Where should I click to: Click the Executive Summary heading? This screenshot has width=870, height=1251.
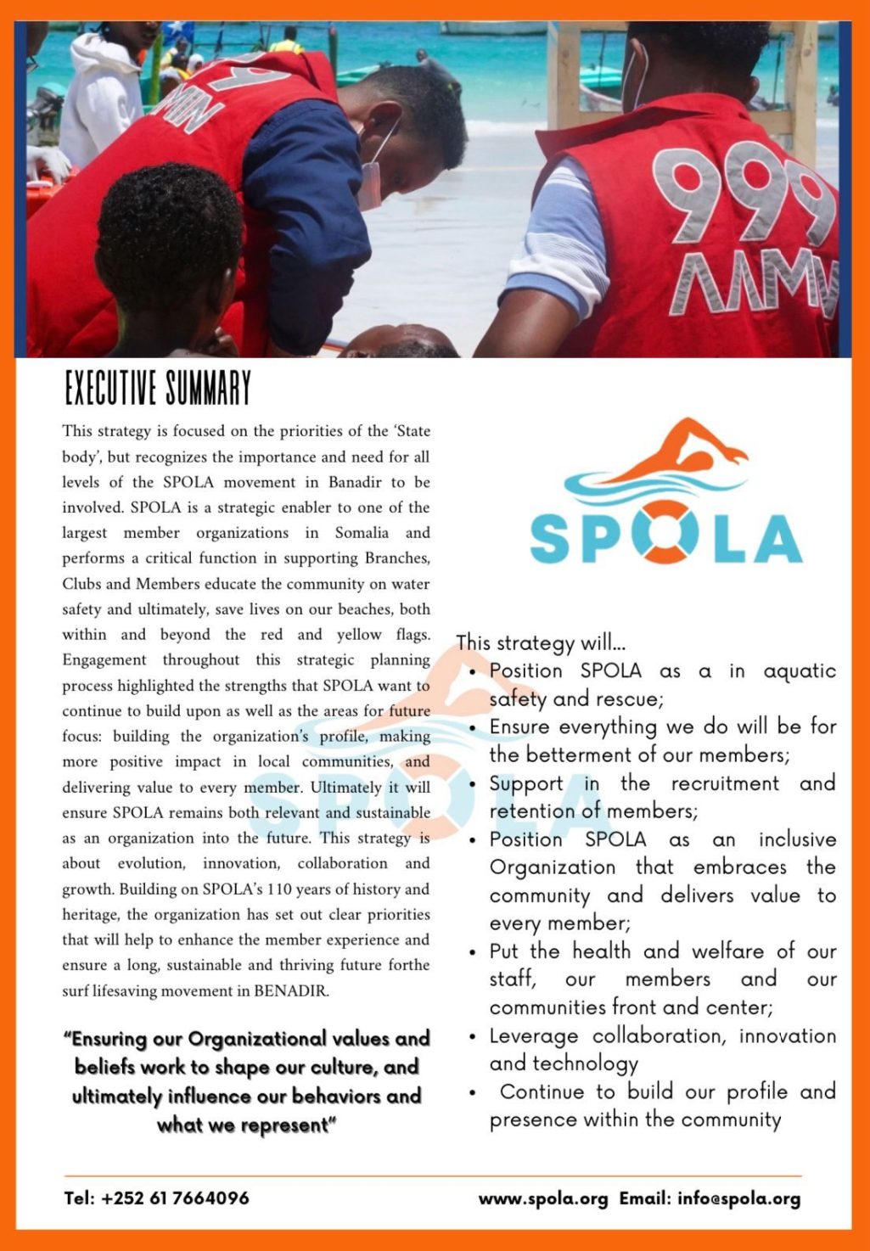tap(158, 389)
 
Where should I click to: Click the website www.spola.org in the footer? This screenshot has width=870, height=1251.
tap(543, 1199)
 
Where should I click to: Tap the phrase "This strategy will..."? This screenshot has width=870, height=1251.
tap(541, 642)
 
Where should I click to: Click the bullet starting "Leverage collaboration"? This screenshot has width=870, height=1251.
tap(662, 1050)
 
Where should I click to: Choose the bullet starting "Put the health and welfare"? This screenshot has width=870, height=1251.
tap(662, 979)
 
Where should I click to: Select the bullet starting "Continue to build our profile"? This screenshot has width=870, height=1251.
tap(662, 1105)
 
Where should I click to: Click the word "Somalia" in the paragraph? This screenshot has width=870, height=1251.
tap(362, 533)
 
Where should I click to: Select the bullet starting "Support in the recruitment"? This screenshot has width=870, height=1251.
tap(662, 797)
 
